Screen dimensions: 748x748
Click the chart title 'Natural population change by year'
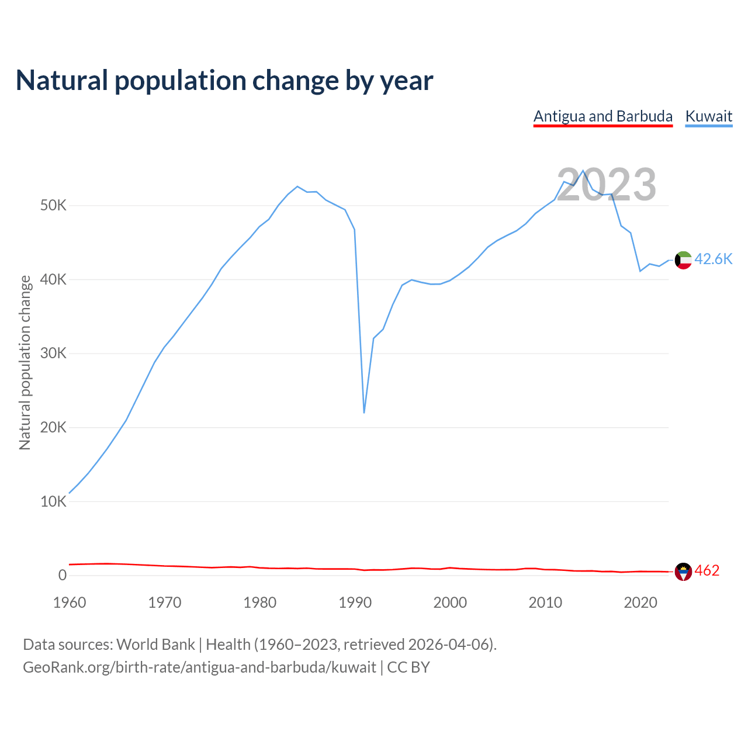[x=224, y=81]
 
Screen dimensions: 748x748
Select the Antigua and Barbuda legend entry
[x=602, y=116]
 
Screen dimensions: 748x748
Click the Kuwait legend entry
[x=708, y=116]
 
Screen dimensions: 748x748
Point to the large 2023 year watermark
[x=606, y=185]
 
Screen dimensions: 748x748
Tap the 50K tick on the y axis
[x=54, y=206]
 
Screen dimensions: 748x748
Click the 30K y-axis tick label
[x=54, y=354]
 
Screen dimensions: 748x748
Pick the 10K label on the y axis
[x=54, y=501]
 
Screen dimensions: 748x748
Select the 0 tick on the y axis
[x=63, y=576]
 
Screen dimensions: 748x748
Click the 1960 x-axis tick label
[x=70, y=602]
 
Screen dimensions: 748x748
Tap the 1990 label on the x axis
[x=355, y=602]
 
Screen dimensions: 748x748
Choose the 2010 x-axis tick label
[x=545, y=602]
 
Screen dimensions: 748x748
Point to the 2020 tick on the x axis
[x=640, y=602]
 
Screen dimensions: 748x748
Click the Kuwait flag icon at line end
[x=683, y=260]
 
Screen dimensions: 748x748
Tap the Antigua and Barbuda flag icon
[x=683, y=572]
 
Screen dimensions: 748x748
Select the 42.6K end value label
[x=714, y=259]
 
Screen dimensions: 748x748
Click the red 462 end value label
[x=707, y=571]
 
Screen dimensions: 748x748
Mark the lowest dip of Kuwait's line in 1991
[x=364, y=413]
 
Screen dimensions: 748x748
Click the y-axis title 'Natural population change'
[x=25, y=363]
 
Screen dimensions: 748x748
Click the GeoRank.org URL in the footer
[x=199, y=667]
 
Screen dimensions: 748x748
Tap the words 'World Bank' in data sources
[x=155, y=645]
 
